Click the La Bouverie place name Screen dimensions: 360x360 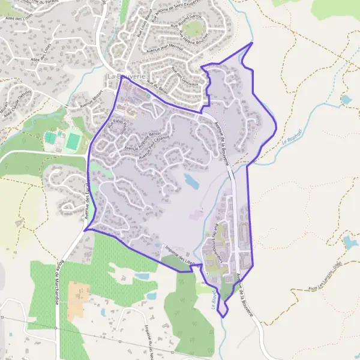(x=125, y=77)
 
